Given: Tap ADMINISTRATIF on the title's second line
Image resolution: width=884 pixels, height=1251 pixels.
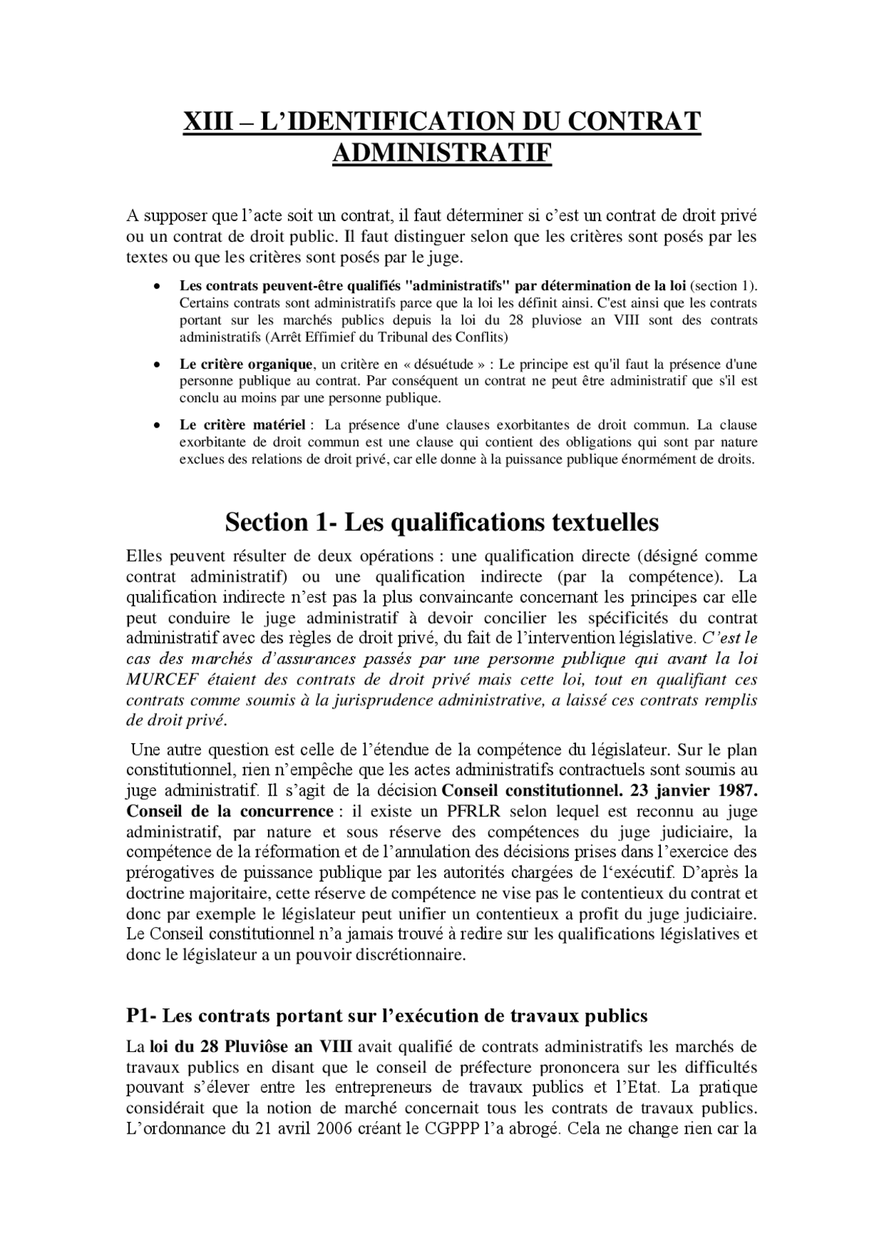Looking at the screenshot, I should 442,153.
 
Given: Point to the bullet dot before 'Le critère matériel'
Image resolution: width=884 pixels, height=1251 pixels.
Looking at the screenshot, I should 158,426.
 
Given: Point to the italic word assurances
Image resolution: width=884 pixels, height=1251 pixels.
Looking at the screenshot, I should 309,659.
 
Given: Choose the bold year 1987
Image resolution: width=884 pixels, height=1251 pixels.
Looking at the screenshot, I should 736,790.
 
